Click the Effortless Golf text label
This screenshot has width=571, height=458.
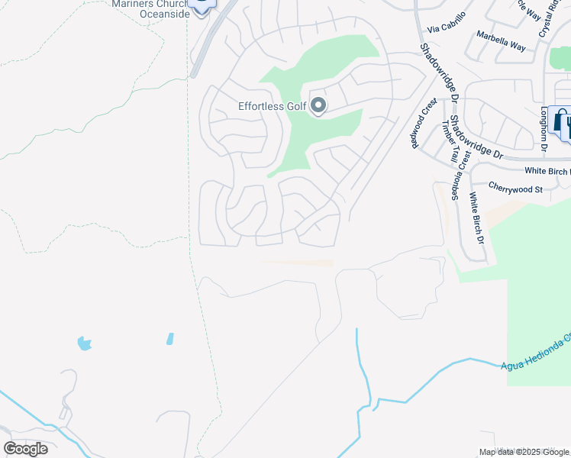272,107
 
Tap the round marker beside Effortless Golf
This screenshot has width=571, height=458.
318,106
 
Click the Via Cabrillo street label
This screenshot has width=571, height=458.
447,28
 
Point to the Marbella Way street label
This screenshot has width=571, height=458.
501,40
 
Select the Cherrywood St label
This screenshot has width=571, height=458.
515,189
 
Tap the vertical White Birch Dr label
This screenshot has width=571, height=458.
476,218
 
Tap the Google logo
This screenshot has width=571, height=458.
25,449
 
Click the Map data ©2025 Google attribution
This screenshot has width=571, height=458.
524,452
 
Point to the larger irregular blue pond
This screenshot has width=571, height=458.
85,343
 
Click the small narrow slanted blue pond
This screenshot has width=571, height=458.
169,338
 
